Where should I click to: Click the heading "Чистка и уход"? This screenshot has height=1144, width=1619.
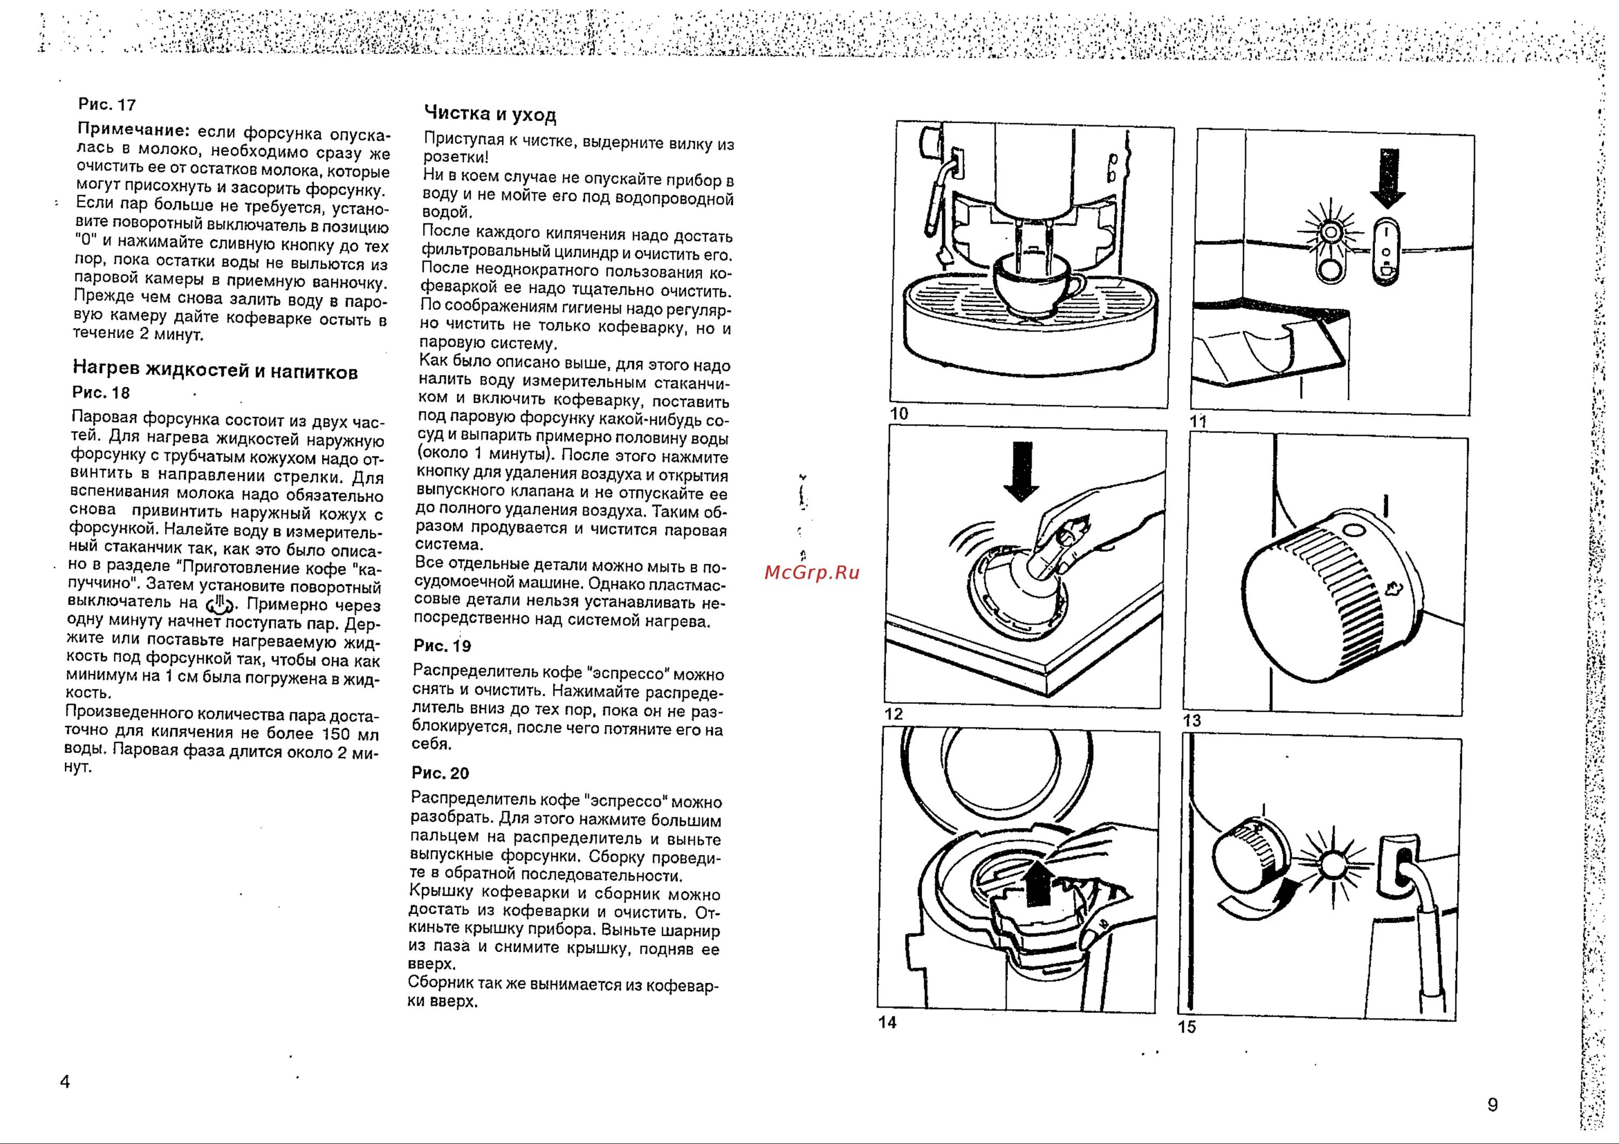[490, 114]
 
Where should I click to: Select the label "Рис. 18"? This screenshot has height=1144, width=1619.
[101, 393]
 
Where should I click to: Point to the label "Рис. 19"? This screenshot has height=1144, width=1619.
[442, 646]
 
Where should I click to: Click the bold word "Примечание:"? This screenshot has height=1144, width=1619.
[133, 131]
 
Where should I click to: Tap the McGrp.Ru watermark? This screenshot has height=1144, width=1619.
[812, 572]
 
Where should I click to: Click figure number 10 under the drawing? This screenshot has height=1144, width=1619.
[899, 414]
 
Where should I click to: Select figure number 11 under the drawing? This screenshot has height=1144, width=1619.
[1198, 421]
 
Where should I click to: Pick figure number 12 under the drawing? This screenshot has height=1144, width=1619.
[893, 714]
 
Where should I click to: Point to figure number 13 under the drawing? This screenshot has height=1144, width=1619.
[1192, 721]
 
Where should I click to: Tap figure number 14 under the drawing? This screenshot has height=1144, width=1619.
[887, 1022]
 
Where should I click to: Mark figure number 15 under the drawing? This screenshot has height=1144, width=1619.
[1187, 1027]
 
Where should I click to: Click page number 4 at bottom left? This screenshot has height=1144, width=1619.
[65, 1081]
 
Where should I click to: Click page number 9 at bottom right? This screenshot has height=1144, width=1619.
[1492, 1105]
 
